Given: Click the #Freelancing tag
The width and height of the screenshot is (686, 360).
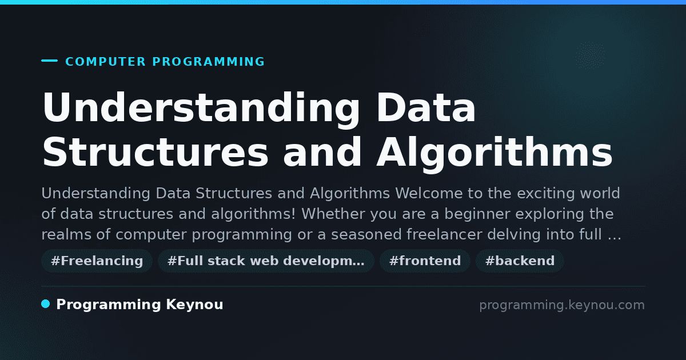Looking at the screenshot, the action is point(97,261).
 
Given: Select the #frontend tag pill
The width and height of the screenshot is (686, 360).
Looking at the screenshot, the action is point(425,261).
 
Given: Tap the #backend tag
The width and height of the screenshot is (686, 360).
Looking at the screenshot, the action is point(520,261).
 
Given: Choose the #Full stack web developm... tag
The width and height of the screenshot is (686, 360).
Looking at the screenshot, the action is point(266,261).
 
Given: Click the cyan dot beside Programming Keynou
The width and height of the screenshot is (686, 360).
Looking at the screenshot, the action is point(45,304).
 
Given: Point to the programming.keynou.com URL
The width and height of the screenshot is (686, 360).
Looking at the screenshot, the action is point(562,305).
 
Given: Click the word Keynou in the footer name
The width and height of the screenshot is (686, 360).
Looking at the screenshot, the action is point(194,304).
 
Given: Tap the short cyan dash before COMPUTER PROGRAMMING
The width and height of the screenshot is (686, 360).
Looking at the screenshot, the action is point(49,61).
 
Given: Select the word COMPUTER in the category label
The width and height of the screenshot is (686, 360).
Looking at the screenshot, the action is point(105,62).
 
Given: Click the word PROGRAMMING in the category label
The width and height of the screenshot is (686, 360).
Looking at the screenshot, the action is point(208,62).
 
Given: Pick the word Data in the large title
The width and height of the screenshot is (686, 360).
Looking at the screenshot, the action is point(426,107).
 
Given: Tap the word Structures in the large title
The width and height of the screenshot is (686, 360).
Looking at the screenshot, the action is point(155,152).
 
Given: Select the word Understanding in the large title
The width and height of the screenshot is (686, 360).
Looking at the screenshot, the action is point(201,109).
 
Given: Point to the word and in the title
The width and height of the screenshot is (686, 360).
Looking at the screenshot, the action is point(322,152).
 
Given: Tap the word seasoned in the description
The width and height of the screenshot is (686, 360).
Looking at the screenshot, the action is point(366,235).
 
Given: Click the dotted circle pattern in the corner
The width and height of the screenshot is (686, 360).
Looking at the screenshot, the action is point(590,55).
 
